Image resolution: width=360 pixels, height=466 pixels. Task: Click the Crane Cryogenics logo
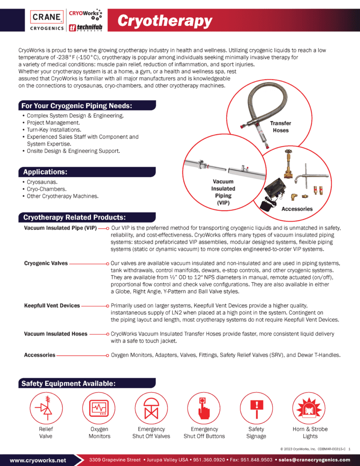click(46, 21)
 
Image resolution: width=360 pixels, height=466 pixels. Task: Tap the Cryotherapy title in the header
click(165, 21)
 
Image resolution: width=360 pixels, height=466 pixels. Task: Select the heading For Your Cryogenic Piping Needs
click(77, 106)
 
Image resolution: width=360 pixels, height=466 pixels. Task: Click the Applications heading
click(45, 172)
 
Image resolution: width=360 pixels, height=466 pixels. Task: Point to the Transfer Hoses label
click(280, 127)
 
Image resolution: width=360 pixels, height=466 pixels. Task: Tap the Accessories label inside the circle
click(297, 209)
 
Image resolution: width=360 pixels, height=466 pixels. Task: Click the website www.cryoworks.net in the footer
click(38, 460)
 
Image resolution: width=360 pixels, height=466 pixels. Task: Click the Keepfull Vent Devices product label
click(52, 306)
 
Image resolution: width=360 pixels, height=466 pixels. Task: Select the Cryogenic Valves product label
click(46, 263)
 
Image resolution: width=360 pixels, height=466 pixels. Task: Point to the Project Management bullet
click(53, 123)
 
